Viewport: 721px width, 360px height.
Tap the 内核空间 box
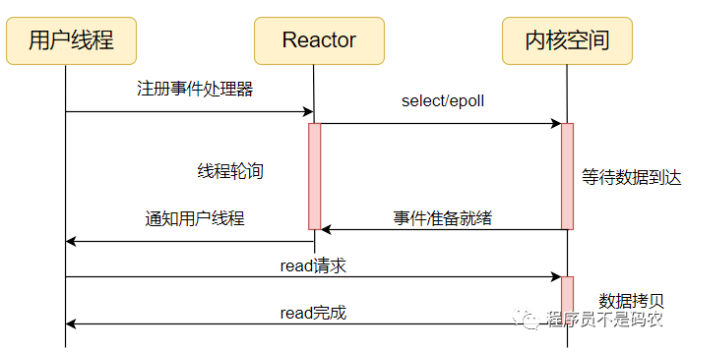566,40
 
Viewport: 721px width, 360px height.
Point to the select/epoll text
443,101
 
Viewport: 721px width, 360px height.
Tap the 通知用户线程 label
195,219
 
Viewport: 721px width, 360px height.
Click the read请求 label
313,265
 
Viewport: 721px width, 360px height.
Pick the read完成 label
313,313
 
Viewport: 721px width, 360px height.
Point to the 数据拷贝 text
631,300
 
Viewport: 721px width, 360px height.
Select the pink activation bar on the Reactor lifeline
314,176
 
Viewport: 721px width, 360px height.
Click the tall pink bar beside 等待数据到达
567,176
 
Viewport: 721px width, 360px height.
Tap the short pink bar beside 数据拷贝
567,300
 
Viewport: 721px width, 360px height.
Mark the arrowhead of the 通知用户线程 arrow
71,241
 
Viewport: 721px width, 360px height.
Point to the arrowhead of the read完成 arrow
71,324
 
